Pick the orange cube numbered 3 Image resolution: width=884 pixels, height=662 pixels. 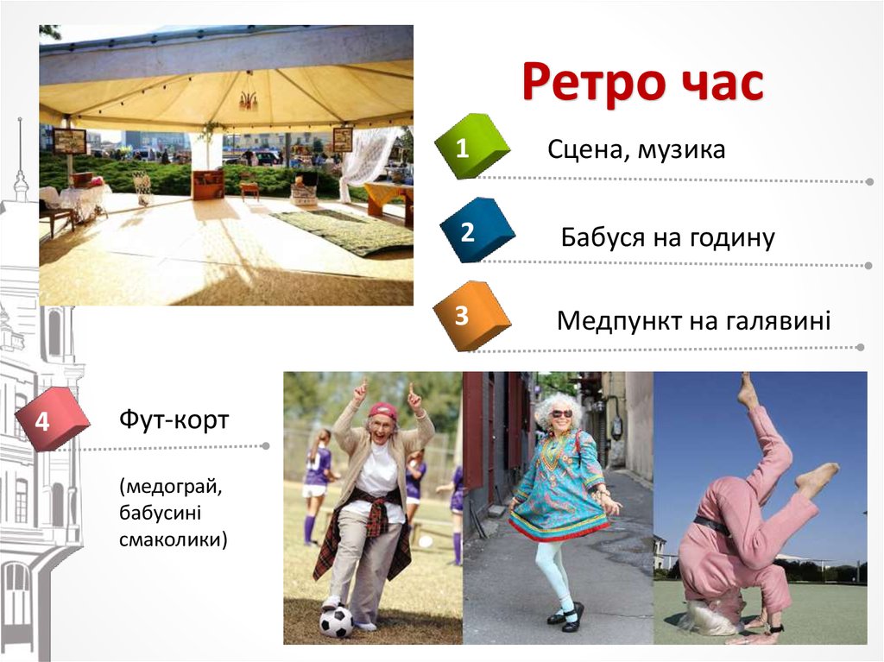pyautogui.click(x=470, y=316)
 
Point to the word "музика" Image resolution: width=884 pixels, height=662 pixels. pyautogui.click(x=682, y=151)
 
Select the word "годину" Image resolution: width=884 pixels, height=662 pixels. pyautogui.click(x=732, y=238)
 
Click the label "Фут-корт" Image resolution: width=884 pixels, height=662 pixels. pyautogui.click(x=174, y=421)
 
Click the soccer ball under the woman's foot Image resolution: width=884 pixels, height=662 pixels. pyautogui.click(x=336, y=621)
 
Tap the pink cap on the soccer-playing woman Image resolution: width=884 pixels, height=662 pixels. pyautogui.click(x=382, y=410)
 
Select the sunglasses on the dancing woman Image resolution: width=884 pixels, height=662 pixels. pyautogui.click(x=561, y=414)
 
